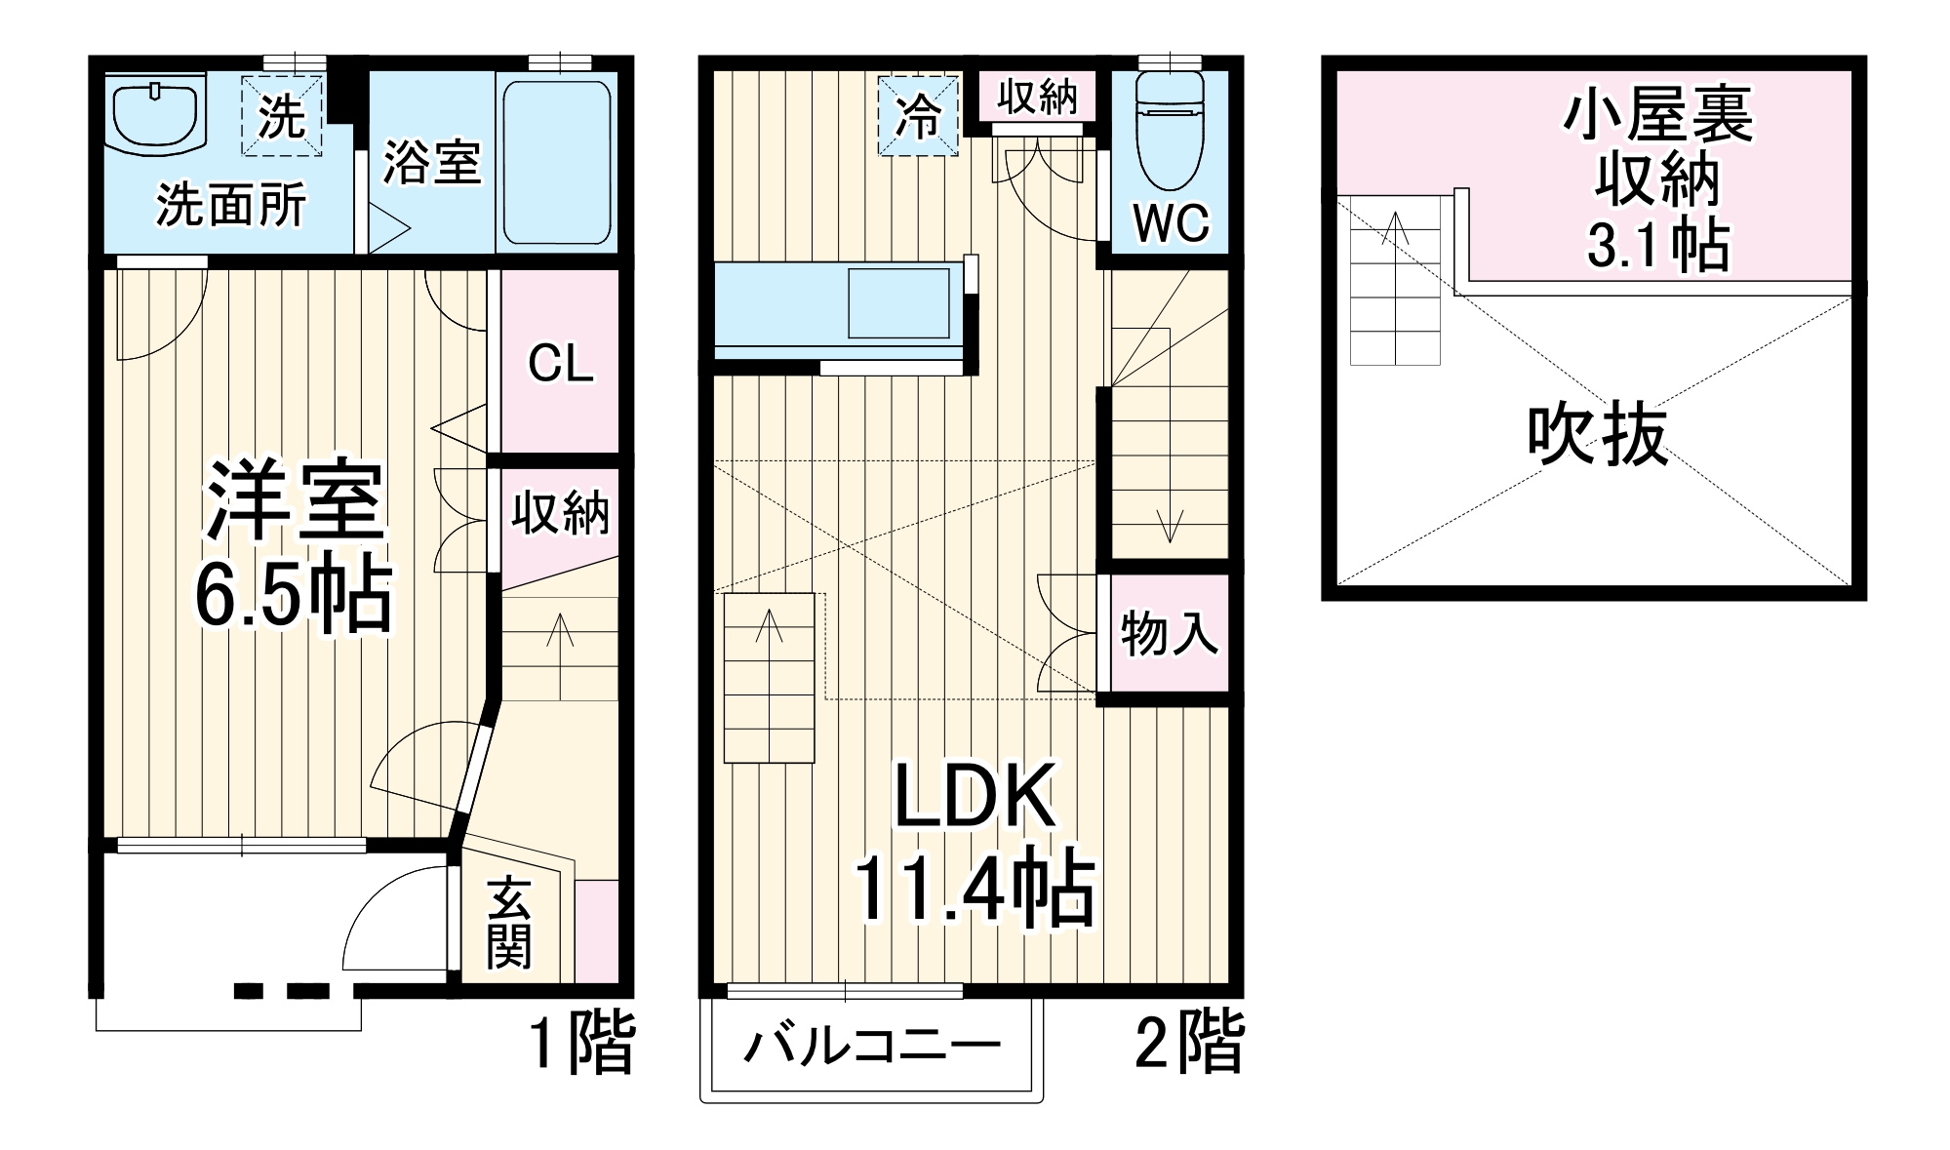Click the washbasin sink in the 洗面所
tap(156, 116)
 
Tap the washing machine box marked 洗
tap(282, 115)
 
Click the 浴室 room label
tap(432, 163)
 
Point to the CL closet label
tap(560, 364)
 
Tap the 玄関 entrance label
tap(509, 921)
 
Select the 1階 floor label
tap(581, 1043)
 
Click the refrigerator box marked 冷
tap(918, 116)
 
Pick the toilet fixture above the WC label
tap(1172, 131)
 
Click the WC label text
tap(1171, 223)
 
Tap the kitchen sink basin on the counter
tap(898, 302)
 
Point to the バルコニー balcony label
tap(871, 1047)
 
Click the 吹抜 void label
tap(1598, 435)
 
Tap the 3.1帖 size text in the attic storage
tap(1658, 245)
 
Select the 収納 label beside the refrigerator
tap(1037, 98)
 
